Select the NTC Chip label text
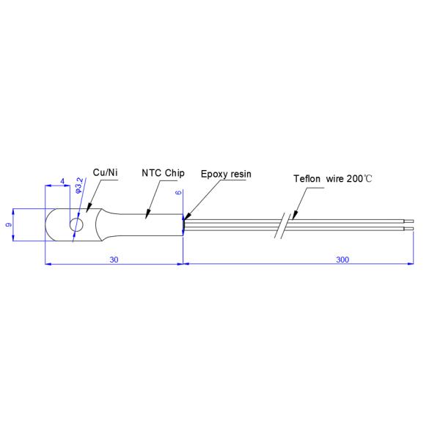(162, 173)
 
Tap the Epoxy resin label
(225, 176)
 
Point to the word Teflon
(307, 178)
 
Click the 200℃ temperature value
(360, 178)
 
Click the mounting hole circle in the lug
(76, 224)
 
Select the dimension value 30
(114, 259)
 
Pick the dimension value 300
(342, 259)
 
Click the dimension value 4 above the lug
(62, 181)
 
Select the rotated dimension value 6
(178, 192)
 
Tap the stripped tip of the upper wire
(409, 219)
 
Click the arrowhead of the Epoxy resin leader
(186, 218)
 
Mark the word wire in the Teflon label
(336, 178)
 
